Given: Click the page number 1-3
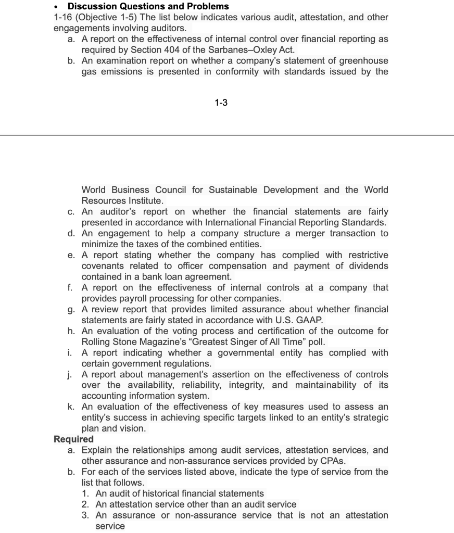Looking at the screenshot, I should click(x=221, y=103).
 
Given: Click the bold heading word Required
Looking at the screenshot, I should click(x=73, y=439).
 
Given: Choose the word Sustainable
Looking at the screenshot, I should click(x=234, y=190).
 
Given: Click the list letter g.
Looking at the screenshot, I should click(x=71, y=310).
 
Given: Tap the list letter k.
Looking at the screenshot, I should click(x=71, y=407).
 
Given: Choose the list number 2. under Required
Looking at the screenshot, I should click(x=85, y=504).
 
